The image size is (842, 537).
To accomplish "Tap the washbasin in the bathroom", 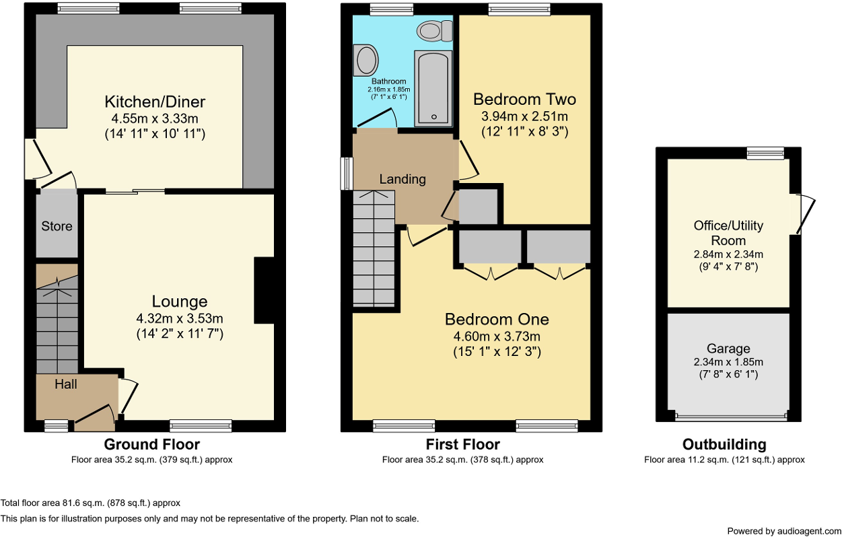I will click(x=366, y=61).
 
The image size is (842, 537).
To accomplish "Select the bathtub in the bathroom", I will click(x=433, y=87).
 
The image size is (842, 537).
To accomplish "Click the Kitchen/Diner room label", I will click(x=155, y=102).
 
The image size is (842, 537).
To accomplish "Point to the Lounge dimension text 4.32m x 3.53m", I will click(x=179, y=318).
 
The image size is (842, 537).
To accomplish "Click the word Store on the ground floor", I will click(x=57, y=226).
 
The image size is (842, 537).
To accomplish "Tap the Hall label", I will click(x=65, y=385).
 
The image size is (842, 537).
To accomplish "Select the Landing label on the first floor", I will click(x=402, y=179).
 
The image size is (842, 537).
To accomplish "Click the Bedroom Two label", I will click(x=524, y=100).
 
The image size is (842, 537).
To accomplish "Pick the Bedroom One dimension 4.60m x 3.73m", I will click(x=497, y=336).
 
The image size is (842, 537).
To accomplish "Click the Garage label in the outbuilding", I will click(x=728, y=349).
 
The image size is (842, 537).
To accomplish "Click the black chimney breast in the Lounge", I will click(x=264, y=291).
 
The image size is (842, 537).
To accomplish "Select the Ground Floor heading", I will click(x=152, y=444).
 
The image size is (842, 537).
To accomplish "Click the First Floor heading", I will click(x=462, y=444).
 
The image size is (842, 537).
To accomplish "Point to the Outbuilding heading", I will click(x=724, y=444).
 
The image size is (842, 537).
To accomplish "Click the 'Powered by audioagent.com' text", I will click(x=783, y=531).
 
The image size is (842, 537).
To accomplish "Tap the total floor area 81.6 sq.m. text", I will click(x=91, y=503).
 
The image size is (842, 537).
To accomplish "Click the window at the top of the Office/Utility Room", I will click(x=766, y=154).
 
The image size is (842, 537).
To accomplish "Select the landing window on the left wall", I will click(x=347, y=174).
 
